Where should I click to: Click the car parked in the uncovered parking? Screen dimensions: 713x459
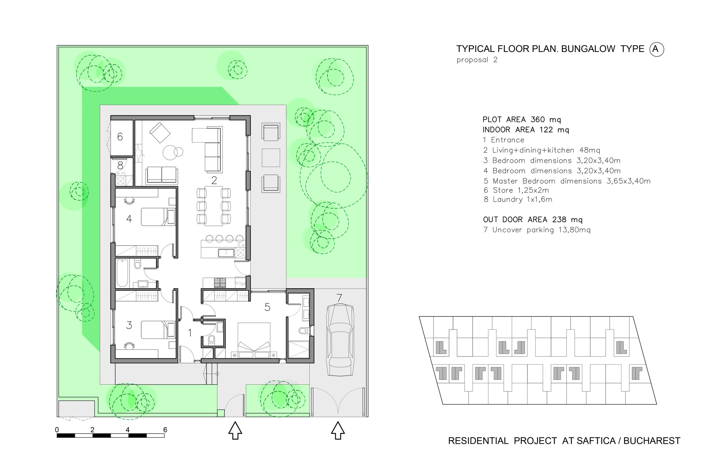point(340,340)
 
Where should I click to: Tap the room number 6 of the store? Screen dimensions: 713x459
point(120,137)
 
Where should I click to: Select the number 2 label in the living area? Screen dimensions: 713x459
point(214,180)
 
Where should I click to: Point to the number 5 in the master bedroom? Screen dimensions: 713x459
point(267,307)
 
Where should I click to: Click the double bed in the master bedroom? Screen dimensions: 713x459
point(254,340)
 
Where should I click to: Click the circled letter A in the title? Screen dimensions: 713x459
point(656,49)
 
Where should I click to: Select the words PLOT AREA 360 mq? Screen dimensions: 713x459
point(522,120)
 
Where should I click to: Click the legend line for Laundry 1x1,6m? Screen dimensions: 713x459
point(518,199)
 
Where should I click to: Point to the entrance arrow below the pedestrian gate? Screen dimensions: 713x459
point(235,430)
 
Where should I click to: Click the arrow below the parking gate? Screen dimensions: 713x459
point(337,430)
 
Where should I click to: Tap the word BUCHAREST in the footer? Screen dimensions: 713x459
point(652,441)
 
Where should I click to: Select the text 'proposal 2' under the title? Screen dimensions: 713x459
point(477,60)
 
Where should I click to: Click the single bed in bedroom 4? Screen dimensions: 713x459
point(158,217)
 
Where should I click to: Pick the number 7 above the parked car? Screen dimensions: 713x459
point(339,298)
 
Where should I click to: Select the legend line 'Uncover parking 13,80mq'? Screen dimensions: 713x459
point(537,230)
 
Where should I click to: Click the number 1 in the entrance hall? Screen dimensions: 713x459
point(190,333)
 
